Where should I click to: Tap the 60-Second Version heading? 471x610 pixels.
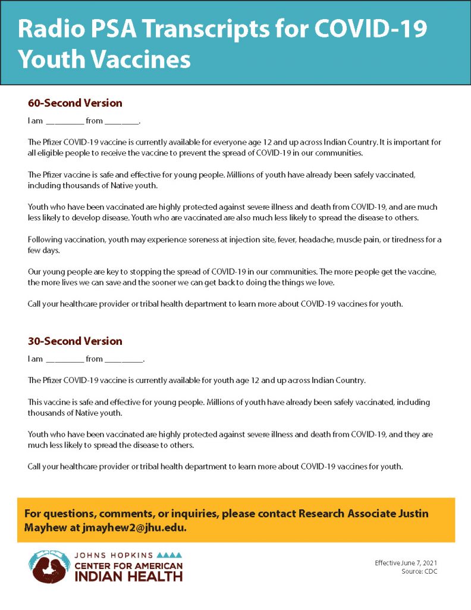[75, 103]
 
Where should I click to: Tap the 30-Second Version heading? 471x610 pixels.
[75, 341]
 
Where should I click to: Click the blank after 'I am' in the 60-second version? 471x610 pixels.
[64, 122]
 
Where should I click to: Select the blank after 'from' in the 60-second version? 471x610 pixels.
[121, 122]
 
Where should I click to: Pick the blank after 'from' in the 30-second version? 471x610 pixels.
[124, 360]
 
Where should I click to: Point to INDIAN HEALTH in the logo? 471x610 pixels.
[128, 576]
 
